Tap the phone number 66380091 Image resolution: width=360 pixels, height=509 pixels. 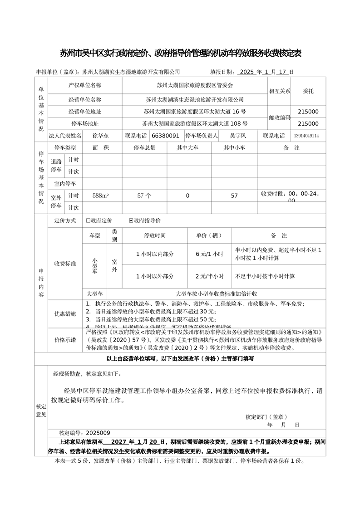pos(166,136)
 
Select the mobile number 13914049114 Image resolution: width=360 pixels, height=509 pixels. pos(306,136)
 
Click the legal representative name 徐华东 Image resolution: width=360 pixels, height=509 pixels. pos(100,136)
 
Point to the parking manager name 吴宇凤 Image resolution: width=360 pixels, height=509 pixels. pos(238,136)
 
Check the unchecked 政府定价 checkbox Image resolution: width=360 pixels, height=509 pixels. pos(88,221)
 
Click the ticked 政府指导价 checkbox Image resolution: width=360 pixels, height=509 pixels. pos(131,221)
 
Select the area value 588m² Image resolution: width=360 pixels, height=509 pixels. pos(100,196)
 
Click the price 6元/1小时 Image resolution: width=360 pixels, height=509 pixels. pos(209,254)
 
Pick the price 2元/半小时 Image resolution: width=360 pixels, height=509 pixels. pos(209,276)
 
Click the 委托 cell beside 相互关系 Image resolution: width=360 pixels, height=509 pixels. pos(308,91)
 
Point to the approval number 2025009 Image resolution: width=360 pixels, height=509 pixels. pos(97,433)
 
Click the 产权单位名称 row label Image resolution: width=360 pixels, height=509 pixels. pos(85,85)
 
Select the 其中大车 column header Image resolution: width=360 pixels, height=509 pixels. pos(187,148)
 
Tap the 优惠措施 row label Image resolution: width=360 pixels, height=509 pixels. pos(65,313)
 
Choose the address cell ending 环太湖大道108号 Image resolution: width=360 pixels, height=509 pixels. pos(195,123)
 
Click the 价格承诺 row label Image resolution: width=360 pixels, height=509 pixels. pos(65,340)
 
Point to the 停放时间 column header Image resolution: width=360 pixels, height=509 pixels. pos(155,236)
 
